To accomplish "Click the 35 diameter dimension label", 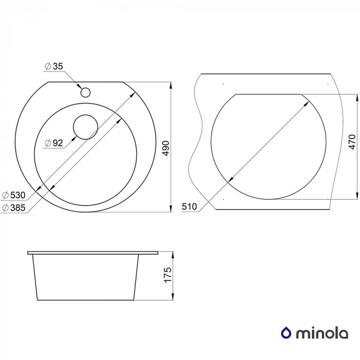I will point(57,66).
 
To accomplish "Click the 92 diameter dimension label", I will point(57,143).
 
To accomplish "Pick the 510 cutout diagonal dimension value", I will point(190,207).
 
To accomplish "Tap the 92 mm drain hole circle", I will point(85,126).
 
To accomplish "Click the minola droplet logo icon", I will point(285,334).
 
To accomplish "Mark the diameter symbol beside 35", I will point(47,66).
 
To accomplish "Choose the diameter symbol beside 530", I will point(5,195).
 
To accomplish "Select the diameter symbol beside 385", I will point(5,207).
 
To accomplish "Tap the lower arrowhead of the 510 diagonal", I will point(229,180).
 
